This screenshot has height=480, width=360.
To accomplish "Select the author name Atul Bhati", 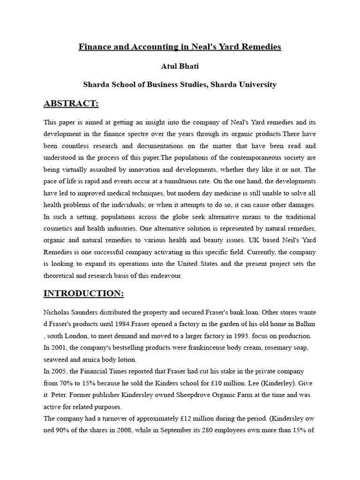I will tap(180, 66).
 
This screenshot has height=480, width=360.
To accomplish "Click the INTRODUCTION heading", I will tap(83, 293).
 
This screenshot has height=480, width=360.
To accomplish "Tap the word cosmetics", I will tap(59, 229).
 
